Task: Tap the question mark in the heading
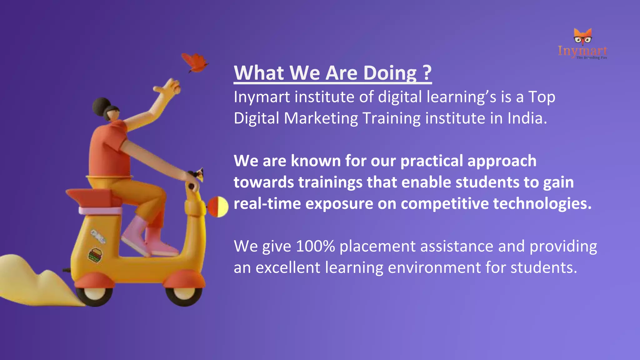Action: [x=427, y=72]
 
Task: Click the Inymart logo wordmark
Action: [x=582, y=51]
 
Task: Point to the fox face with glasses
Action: [x=582, y=37]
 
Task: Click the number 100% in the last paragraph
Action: [x=315, y=246]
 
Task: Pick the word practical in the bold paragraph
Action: [x=432, y=161]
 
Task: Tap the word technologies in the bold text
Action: [x=542, y=204]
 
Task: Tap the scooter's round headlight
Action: [x=218, y=207]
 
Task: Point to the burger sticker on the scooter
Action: [x=95, y=255]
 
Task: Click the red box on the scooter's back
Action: [x=91, y=197]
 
